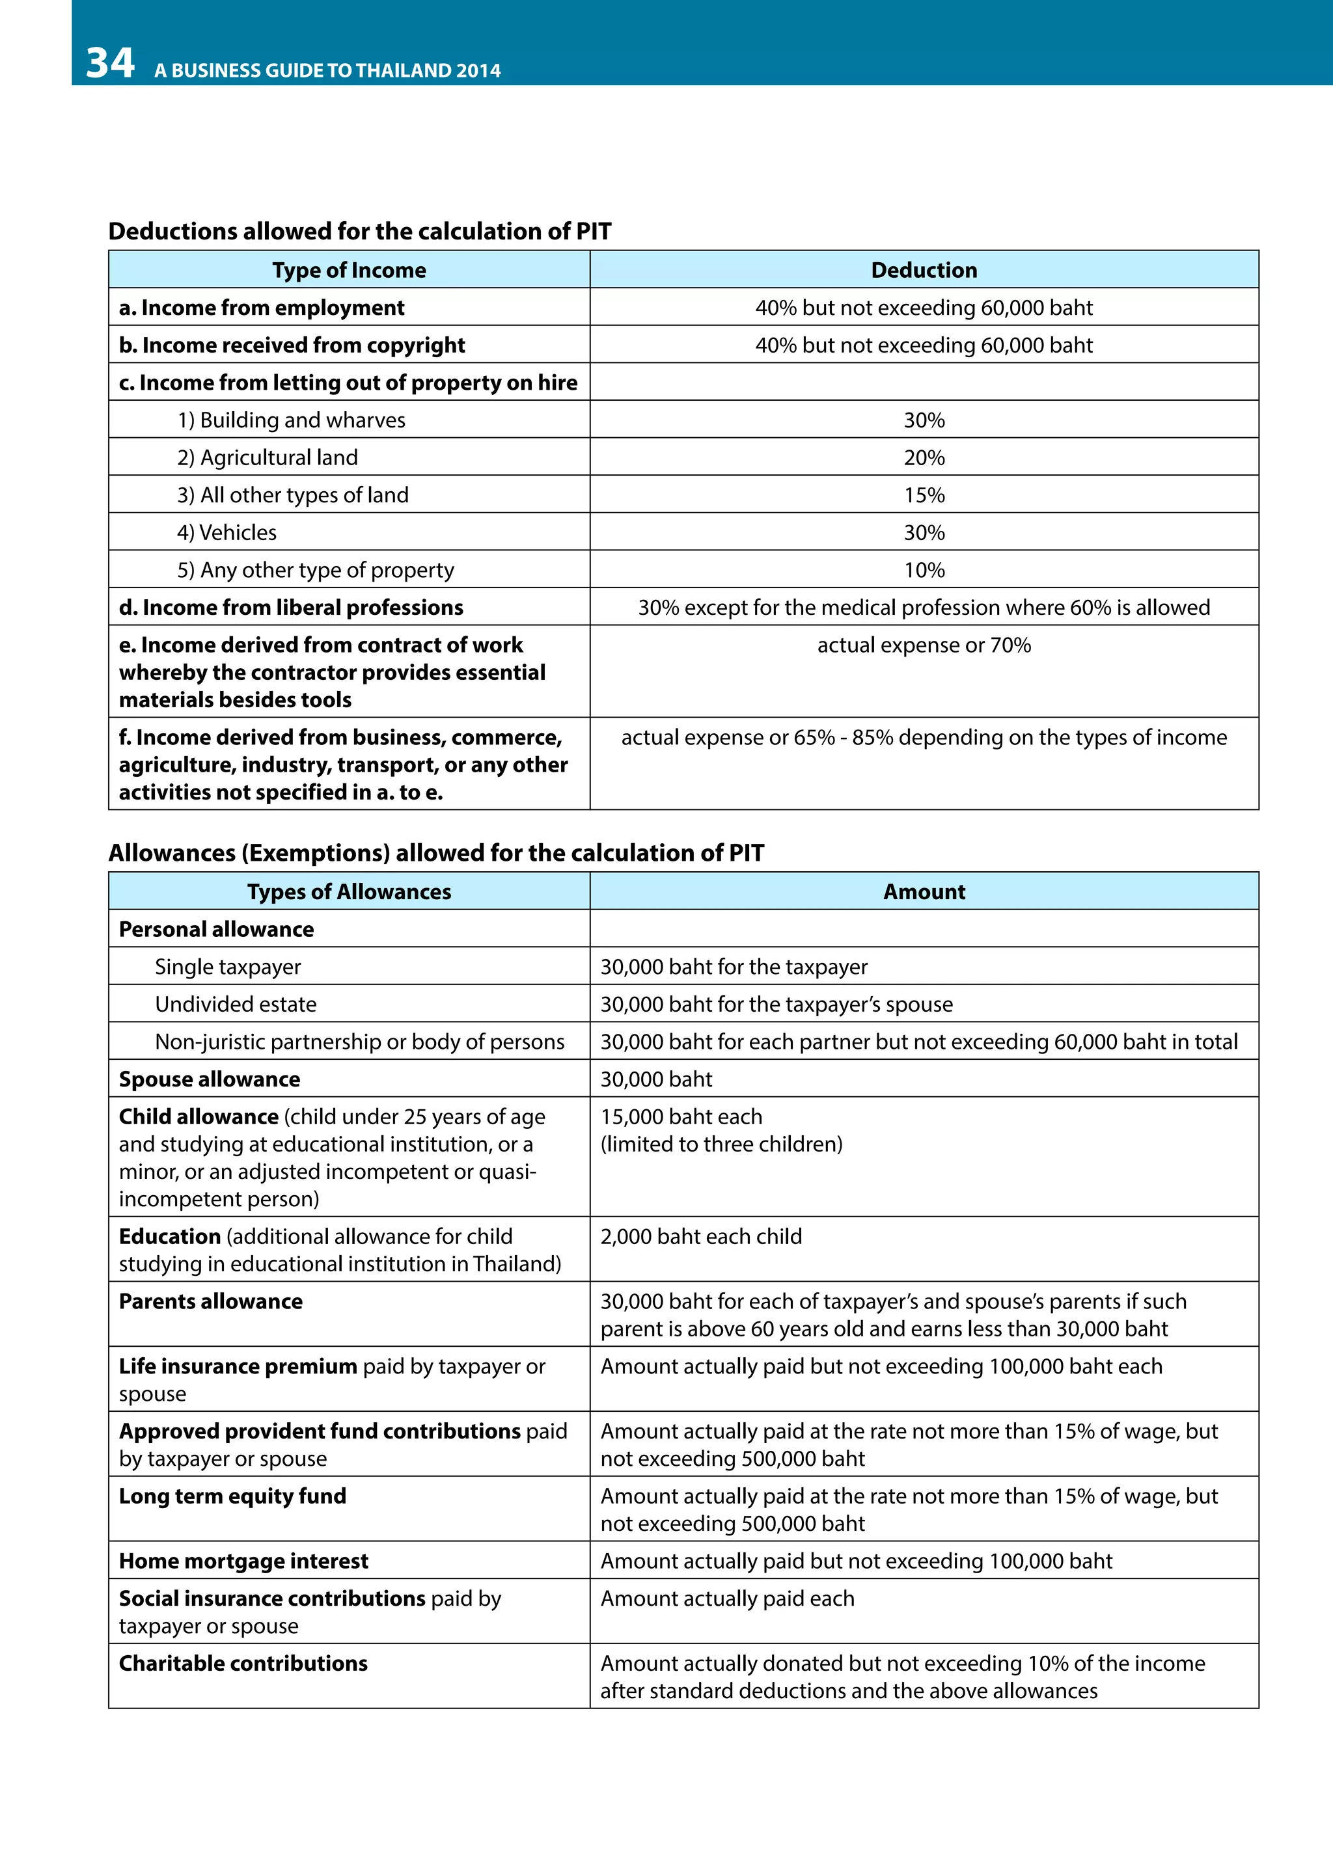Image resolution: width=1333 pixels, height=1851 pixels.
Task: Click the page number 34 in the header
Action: pos(110,64)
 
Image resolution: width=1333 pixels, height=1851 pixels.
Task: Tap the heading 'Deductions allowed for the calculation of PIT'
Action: pos(359,232)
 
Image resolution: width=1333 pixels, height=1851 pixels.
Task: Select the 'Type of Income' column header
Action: pos(349,270)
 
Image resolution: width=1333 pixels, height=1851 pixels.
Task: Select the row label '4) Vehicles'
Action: pos(227,533)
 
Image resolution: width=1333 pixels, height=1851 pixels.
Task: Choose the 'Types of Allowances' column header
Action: pos(349,892)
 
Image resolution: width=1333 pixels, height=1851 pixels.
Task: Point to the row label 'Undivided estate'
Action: pos(236,1005)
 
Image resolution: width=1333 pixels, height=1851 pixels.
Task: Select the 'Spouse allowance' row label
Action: pos(210,1080)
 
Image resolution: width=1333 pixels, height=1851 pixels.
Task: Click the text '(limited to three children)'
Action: pos(722,1144)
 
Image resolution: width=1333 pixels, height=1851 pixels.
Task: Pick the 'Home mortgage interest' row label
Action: pos(243,1561)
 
